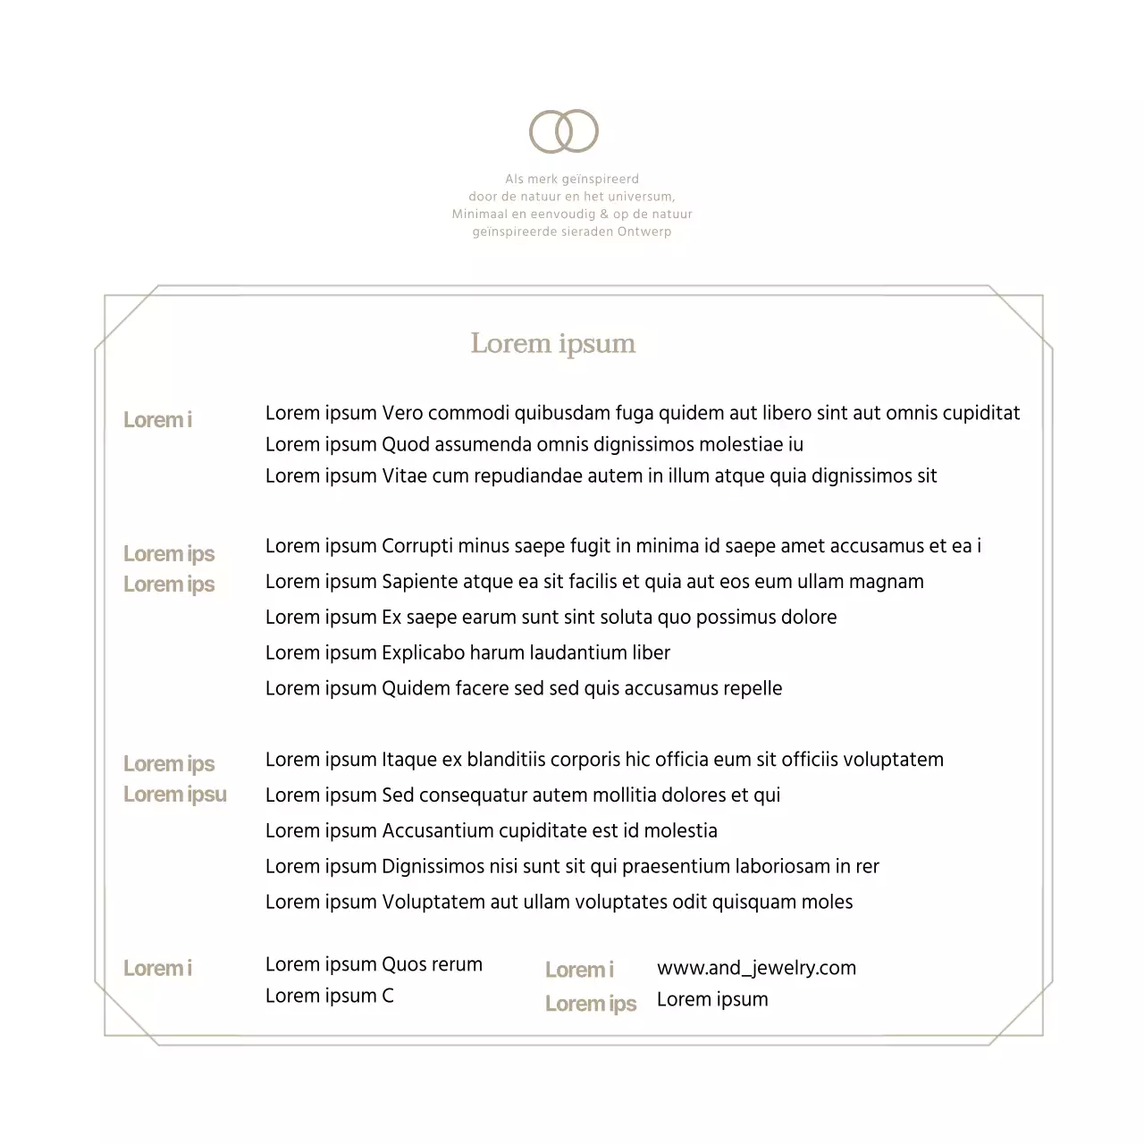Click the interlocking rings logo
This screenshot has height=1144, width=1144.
[x=564, y=131]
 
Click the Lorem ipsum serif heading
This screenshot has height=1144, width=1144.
[x=553, y=344]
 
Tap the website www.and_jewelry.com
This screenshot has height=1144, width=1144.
[x=756, y=968]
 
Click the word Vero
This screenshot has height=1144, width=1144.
[x=402, y=413]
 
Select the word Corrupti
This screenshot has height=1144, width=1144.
[x=416, y=546]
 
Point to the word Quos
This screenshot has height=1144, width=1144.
[x=404, y=965]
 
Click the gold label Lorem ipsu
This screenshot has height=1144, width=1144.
[x=175, y=795]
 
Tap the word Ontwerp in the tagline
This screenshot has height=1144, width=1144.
[x=643, y=232]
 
